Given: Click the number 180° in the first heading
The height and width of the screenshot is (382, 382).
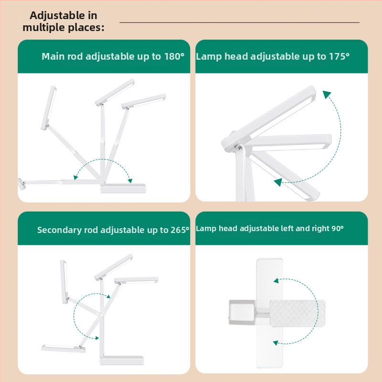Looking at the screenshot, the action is tap(174, 56).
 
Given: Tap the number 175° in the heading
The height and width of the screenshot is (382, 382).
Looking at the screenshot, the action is tap(339, 56).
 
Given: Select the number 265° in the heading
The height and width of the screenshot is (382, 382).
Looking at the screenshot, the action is tap(180, 230).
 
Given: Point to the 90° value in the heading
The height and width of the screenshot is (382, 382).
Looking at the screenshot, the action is tap(338, 229).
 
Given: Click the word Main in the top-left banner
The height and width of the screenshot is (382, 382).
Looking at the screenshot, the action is tap(53, 56).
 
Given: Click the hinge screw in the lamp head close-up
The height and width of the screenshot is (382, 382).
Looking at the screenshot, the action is tap(240, 148).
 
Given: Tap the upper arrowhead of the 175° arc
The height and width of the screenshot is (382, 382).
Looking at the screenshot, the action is tap(327, 94).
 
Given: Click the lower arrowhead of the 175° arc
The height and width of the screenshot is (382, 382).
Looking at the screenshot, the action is tap(278, 182).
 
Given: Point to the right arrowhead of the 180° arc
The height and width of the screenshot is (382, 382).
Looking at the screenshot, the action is tap(130, 180).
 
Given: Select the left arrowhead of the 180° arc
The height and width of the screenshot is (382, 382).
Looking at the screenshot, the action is tap(75, 178).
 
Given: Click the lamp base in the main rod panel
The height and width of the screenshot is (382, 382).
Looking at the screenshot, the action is tap(123, 189).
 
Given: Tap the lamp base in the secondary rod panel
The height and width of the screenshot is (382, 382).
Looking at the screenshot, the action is tap(122, 361).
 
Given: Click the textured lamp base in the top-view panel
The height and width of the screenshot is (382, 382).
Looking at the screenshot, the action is tap(297, 314).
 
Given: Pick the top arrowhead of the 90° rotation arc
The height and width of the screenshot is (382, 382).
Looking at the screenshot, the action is tap(276, 281).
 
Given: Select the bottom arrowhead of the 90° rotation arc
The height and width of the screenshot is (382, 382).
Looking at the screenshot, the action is tap(276, 343).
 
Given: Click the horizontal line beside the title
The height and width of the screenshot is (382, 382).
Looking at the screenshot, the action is tap(240, 22).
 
